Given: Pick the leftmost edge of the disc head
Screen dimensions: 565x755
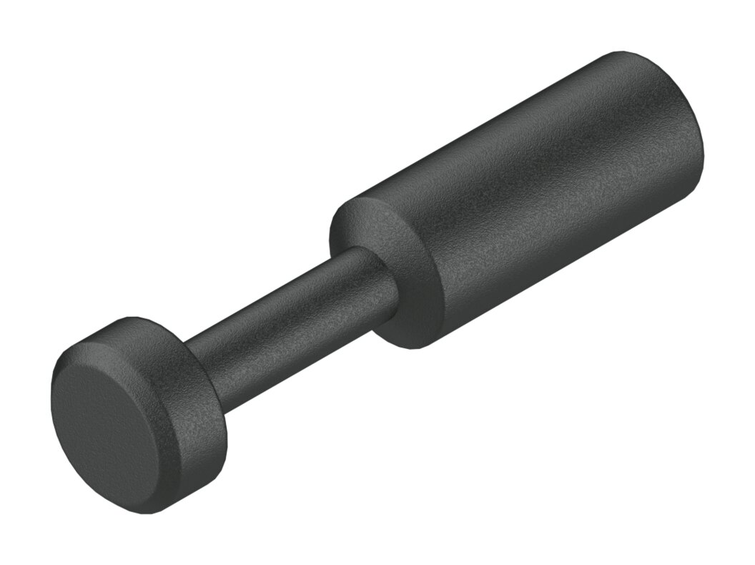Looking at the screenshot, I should click(51, 408).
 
